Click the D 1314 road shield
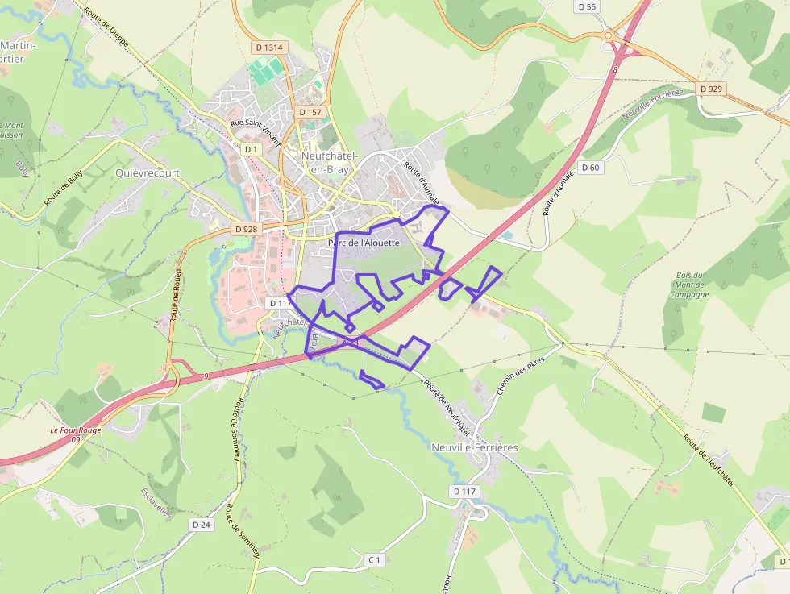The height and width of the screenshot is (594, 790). (269, 48)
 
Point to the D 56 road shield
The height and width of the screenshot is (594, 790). (588, 6)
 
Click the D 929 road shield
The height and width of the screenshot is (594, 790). (711, 89)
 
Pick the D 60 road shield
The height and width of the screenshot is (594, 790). (590, 168)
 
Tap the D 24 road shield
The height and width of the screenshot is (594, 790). (202, 525)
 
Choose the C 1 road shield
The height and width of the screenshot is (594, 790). (373, 559)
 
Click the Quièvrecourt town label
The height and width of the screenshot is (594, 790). (148, 173)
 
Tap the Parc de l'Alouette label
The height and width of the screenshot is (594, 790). (364, 243)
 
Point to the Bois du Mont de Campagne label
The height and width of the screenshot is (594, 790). (689, 285)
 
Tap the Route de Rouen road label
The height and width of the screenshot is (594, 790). (173, 295)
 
